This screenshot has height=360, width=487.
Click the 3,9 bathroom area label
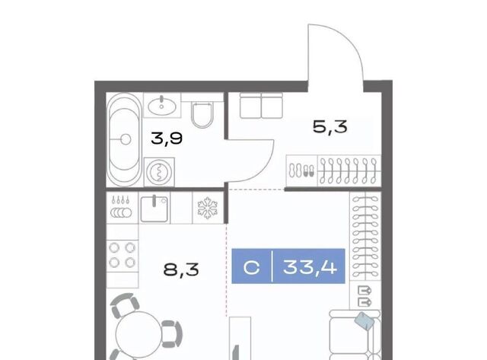point(167,139)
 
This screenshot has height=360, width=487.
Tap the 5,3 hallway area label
point(329,127)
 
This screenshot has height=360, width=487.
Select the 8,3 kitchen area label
point(181,269)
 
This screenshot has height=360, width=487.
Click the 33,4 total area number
point(310,267)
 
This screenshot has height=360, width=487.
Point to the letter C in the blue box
point(251,267)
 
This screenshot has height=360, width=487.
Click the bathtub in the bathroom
point(124,139)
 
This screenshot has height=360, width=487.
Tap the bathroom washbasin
point(162,106)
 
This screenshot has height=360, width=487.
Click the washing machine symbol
point(159,172)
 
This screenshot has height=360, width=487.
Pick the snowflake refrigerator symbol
point(208,208)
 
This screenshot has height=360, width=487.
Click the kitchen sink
point(154,209)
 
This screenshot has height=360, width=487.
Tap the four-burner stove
point(122,255)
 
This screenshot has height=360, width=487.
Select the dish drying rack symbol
point(122,208)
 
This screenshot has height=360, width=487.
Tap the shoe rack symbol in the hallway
point(301,170)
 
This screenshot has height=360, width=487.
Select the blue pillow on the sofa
point(366,321)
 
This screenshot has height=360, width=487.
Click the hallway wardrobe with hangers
point(349,170)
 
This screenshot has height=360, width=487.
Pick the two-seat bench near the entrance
point(261,105)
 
